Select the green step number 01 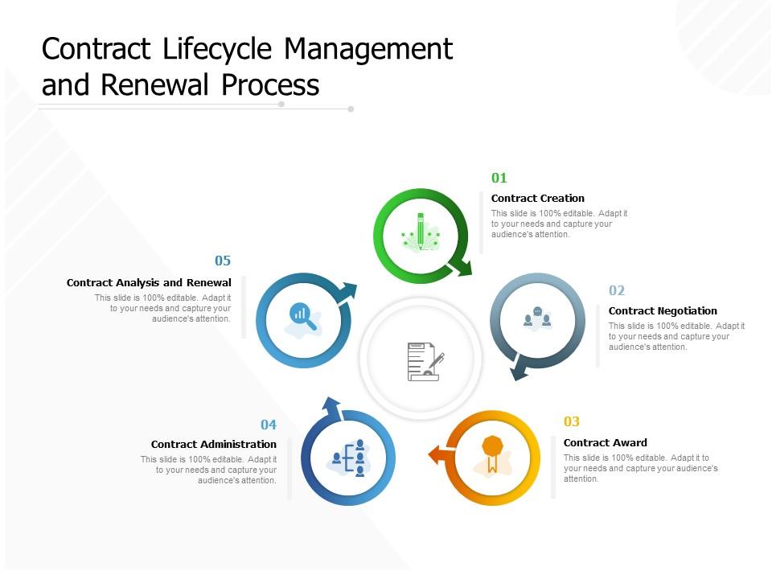coord(499,178)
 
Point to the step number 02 coord(617,290)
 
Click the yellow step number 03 coord(572,421)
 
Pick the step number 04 coord(269,424)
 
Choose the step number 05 coord(223,261)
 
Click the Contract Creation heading coord(538,199)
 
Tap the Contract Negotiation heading coord(663,311)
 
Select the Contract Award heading coord(606,443)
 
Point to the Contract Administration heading coord(214,445)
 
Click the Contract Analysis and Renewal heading coord(149,283)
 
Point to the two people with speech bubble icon coord(537,317)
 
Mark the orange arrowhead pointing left coord(437,455)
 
